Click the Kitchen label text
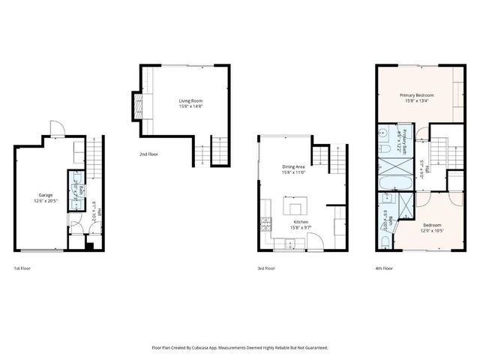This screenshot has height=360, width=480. tap(301, 222)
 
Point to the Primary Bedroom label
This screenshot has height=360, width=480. tap(416, 95)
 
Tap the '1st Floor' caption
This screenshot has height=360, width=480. tap(23, 268)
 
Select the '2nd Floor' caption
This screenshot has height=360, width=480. tap(148, 154)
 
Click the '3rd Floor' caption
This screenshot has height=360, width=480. tap(266, 268)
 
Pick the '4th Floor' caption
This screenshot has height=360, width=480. tap(383, 268)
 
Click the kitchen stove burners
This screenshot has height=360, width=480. tap(265, 222)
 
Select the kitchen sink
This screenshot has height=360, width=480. tap(289, 243)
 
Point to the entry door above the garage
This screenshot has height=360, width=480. tap(55, 129)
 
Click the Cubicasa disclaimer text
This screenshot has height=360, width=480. tap(239, 348)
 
